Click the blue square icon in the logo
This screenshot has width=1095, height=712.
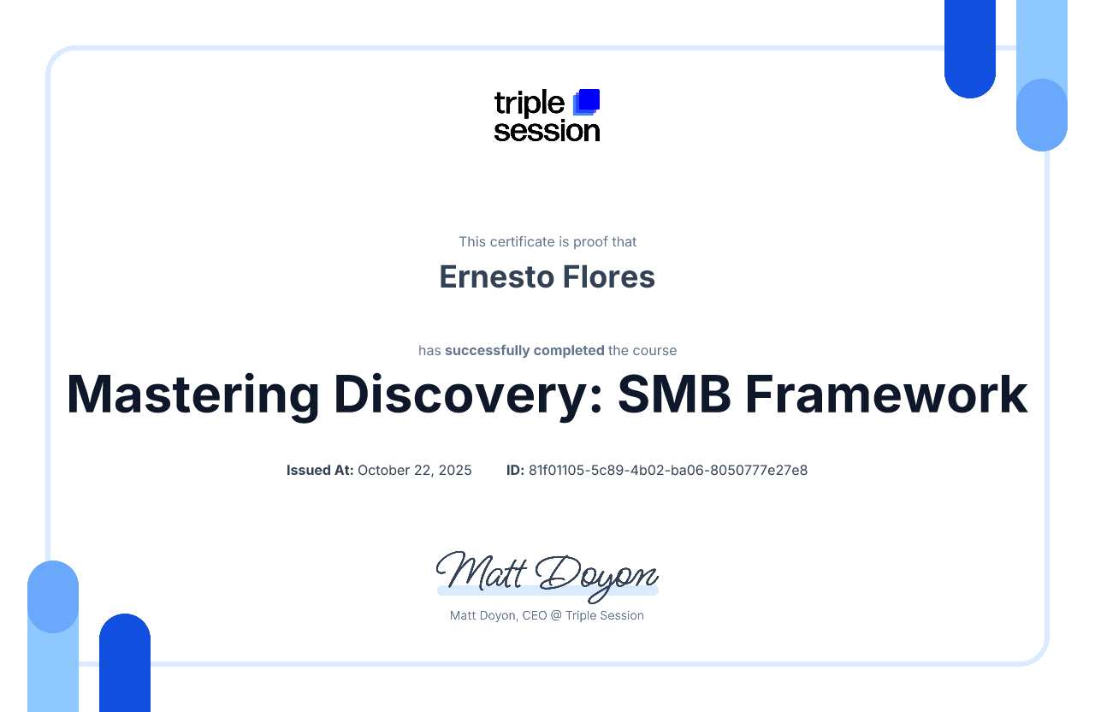coord(586,103)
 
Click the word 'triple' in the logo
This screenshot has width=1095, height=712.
coord(530,104)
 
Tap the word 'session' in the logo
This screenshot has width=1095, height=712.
coord(547,131)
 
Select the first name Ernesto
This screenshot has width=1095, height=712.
coord(496,276)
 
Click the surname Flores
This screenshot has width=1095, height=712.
coord(608,276)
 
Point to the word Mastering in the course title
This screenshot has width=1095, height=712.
coord(193,395)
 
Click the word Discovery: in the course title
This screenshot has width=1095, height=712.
coord(468,395)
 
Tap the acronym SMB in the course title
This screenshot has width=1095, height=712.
coord(674,395)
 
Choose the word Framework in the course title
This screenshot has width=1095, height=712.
coord(886,395)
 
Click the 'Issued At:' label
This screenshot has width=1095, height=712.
coord(320,470)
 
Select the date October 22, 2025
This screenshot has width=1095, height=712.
coord(415,471)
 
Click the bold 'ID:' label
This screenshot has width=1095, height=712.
coord(515,470)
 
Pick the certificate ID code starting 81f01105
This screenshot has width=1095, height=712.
coord(668,470)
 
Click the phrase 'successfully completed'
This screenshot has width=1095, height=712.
coord(524,351)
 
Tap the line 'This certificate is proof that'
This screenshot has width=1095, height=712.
coord(547,241)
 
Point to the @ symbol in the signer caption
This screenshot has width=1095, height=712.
coord(556,615)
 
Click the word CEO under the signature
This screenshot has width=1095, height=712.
coord(535,615)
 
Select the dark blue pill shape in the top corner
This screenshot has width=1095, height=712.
coord(970,49)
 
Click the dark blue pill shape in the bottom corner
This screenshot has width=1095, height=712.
coord(125,662)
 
